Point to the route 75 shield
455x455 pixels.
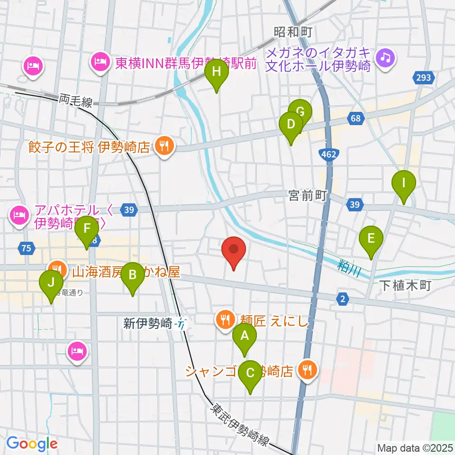click(x=27, y=247)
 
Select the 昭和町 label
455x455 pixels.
click(x=294, y=32)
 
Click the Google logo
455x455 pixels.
click(x=32, y=444)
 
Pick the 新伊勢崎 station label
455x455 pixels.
click(x=148, y=324)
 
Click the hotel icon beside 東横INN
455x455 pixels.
click(x=100, y=62)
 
